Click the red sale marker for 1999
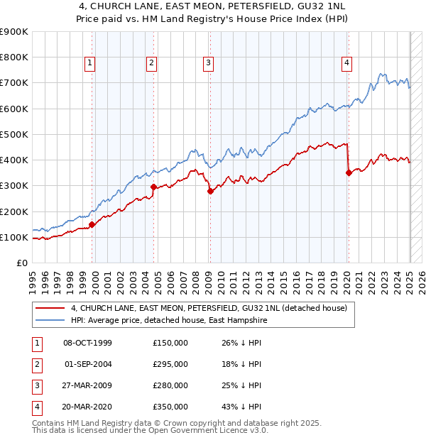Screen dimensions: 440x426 pyautogui.click(x=92, y=224)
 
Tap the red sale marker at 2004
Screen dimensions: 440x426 pyautogui.click(x=153, y=187)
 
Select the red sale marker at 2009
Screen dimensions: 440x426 pyautogui.click(x=210, y=191)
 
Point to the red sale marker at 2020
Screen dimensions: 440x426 pyautogui.click(x=348, y=172)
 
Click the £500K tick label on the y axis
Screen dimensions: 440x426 pyautogui.click(x=14, y=134)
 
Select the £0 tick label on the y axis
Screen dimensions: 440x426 pyautogui.click(x=22, y=263)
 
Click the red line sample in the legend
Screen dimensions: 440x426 pyautogui.click(x=50, y=309)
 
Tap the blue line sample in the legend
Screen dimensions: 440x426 pyautogui.click(x=50, y=321)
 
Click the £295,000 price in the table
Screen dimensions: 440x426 pyautogui.click(x=170, y=365)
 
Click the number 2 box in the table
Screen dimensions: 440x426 pyautogui.click(x=35, y=365)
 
